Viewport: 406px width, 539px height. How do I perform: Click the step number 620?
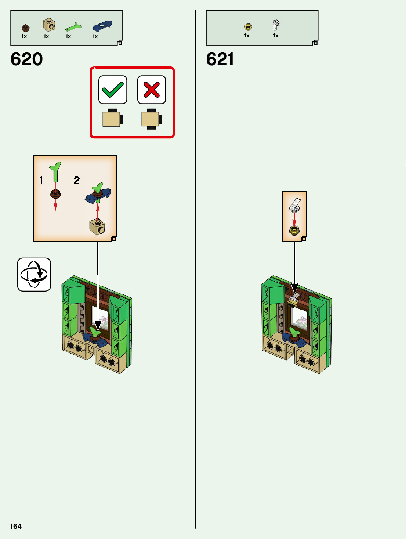pyautogui.click(x=26, y=59)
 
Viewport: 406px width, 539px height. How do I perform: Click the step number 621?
pyautogui.click(x=220, y=59)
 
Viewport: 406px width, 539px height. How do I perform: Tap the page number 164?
pyautogui.click(x=16, y=526)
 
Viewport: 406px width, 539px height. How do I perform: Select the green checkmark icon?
pyautogui.click(x=113, y=90)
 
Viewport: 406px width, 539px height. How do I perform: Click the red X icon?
pyautogui.click(x=152, y=90)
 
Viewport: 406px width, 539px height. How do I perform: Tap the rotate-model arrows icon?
pyautogui.click(x=34, y=275)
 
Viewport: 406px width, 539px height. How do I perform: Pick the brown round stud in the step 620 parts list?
pyautogui.click(x=25, y=28)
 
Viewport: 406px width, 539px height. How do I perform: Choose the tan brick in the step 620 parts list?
pyautogui.click(x=49, y=25)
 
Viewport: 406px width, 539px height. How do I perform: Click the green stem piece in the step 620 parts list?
pyautogui.click(x=74, y=27)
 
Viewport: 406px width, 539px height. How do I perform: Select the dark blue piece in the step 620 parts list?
pyautogui.click(x=102, y=26)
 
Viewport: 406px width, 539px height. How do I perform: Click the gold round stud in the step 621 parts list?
pyautogui.click(x=248, y=27)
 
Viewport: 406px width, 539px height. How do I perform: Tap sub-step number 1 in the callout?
pyautogui.click(x=41, y=180)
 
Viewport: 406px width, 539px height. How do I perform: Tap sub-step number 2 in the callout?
pyautogui.click(x=76, y=180)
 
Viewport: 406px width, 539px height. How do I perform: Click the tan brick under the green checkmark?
pyautogui.click(x=112, y=119)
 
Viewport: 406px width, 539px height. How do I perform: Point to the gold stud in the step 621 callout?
pyautogui.click(x=294, y=230)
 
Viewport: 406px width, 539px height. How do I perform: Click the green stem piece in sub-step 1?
pyautogui.click(x=56, y=172)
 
